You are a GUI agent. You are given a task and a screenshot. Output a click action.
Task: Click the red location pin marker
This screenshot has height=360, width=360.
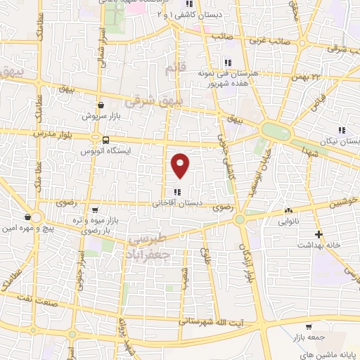(x=181, y=165)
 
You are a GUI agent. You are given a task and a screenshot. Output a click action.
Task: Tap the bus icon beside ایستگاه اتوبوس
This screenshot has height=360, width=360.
(x=105, y=140)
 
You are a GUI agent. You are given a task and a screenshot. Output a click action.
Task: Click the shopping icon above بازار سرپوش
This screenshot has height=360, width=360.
(x=101, y=104)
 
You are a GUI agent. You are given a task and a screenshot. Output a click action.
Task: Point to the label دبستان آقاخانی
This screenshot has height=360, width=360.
(x=177, y=203)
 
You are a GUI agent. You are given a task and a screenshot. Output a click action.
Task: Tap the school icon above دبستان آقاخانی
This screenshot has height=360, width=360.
(x=177, y=191)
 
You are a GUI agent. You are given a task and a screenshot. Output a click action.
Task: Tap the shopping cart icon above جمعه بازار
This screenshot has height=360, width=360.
(x=308, y=326)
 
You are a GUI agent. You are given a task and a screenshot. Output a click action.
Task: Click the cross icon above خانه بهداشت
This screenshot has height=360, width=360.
(x=319, y=233)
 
